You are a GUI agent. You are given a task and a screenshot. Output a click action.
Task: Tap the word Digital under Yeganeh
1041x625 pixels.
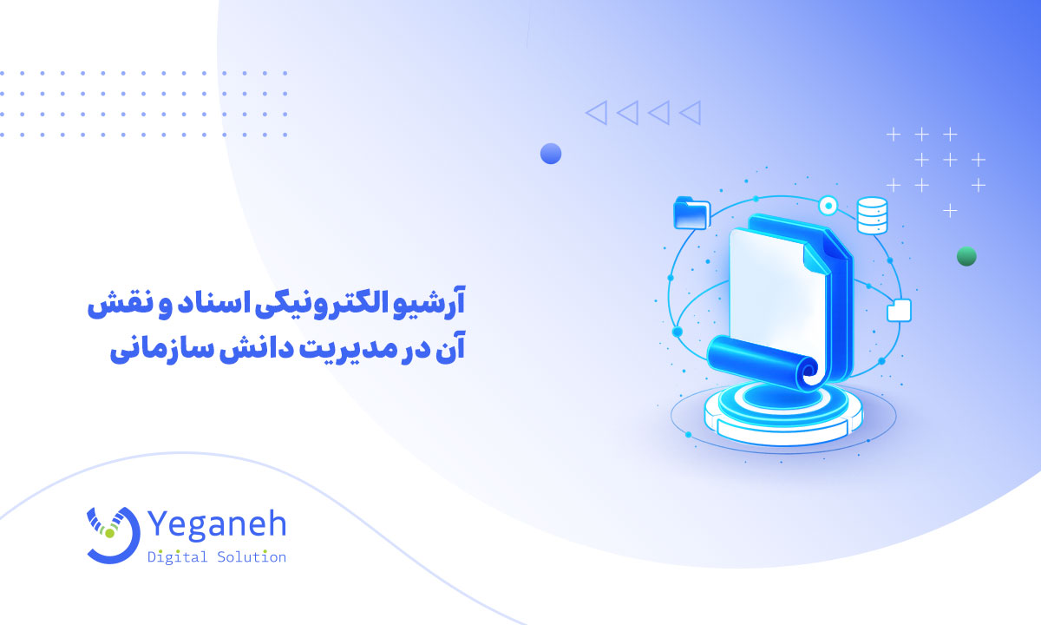(178, 557)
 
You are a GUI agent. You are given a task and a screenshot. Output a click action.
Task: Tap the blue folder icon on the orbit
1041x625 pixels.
(691, 214)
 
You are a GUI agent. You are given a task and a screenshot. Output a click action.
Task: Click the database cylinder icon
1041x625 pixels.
(872, 215)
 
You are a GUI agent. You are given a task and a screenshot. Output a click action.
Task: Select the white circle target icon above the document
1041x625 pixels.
(828, 206)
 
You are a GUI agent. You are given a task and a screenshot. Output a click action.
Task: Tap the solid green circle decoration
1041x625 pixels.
(966, 256)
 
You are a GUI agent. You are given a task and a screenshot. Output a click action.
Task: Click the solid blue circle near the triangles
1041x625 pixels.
(551, 154)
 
